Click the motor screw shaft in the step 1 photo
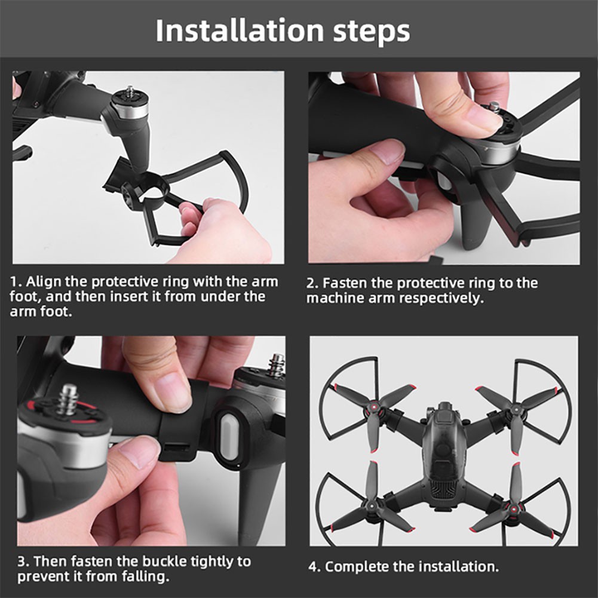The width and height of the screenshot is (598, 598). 129,93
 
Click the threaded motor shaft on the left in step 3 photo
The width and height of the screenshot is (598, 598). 67,398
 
